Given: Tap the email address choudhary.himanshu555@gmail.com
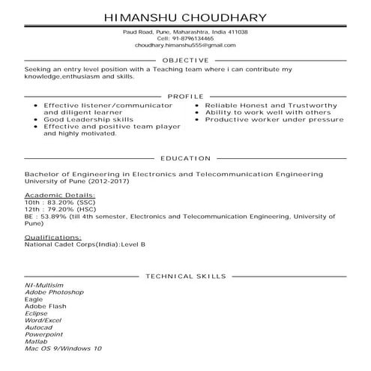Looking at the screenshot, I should [185, 46].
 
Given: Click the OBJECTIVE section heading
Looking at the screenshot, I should [185, 60].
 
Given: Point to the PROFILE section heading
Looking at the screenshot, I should [185, 97].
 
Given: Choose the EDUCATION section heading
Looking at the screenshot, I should [185, 159].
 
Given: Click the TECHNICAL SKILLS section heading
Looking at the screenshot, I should [185, 276].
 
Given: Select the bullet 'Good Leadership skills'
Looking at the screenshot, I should [88, 118].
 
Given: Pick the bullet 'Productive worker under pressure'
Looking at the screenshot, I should [263, 119].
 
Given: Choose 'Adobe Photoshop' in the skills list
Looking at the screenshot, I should [54, 292].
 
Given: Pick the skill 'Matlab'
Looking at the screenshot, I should [36, 342].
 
